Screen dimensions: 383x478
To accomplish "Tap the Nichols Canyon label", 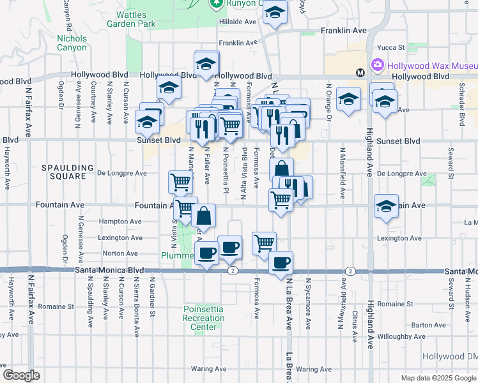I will [72, 43].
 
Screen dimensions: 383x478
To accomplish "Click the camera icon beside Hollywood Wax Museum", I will [378, 65].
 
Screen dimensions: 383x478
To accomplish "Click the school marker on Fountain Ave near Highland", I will [386, 206].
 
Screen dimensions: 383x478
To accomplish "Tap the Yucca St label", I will [392, 47].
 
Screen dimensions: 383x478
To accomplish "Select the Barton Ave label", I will [428, 325].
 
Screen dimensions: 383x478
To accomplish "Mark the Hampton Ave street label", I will [120, 222].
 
